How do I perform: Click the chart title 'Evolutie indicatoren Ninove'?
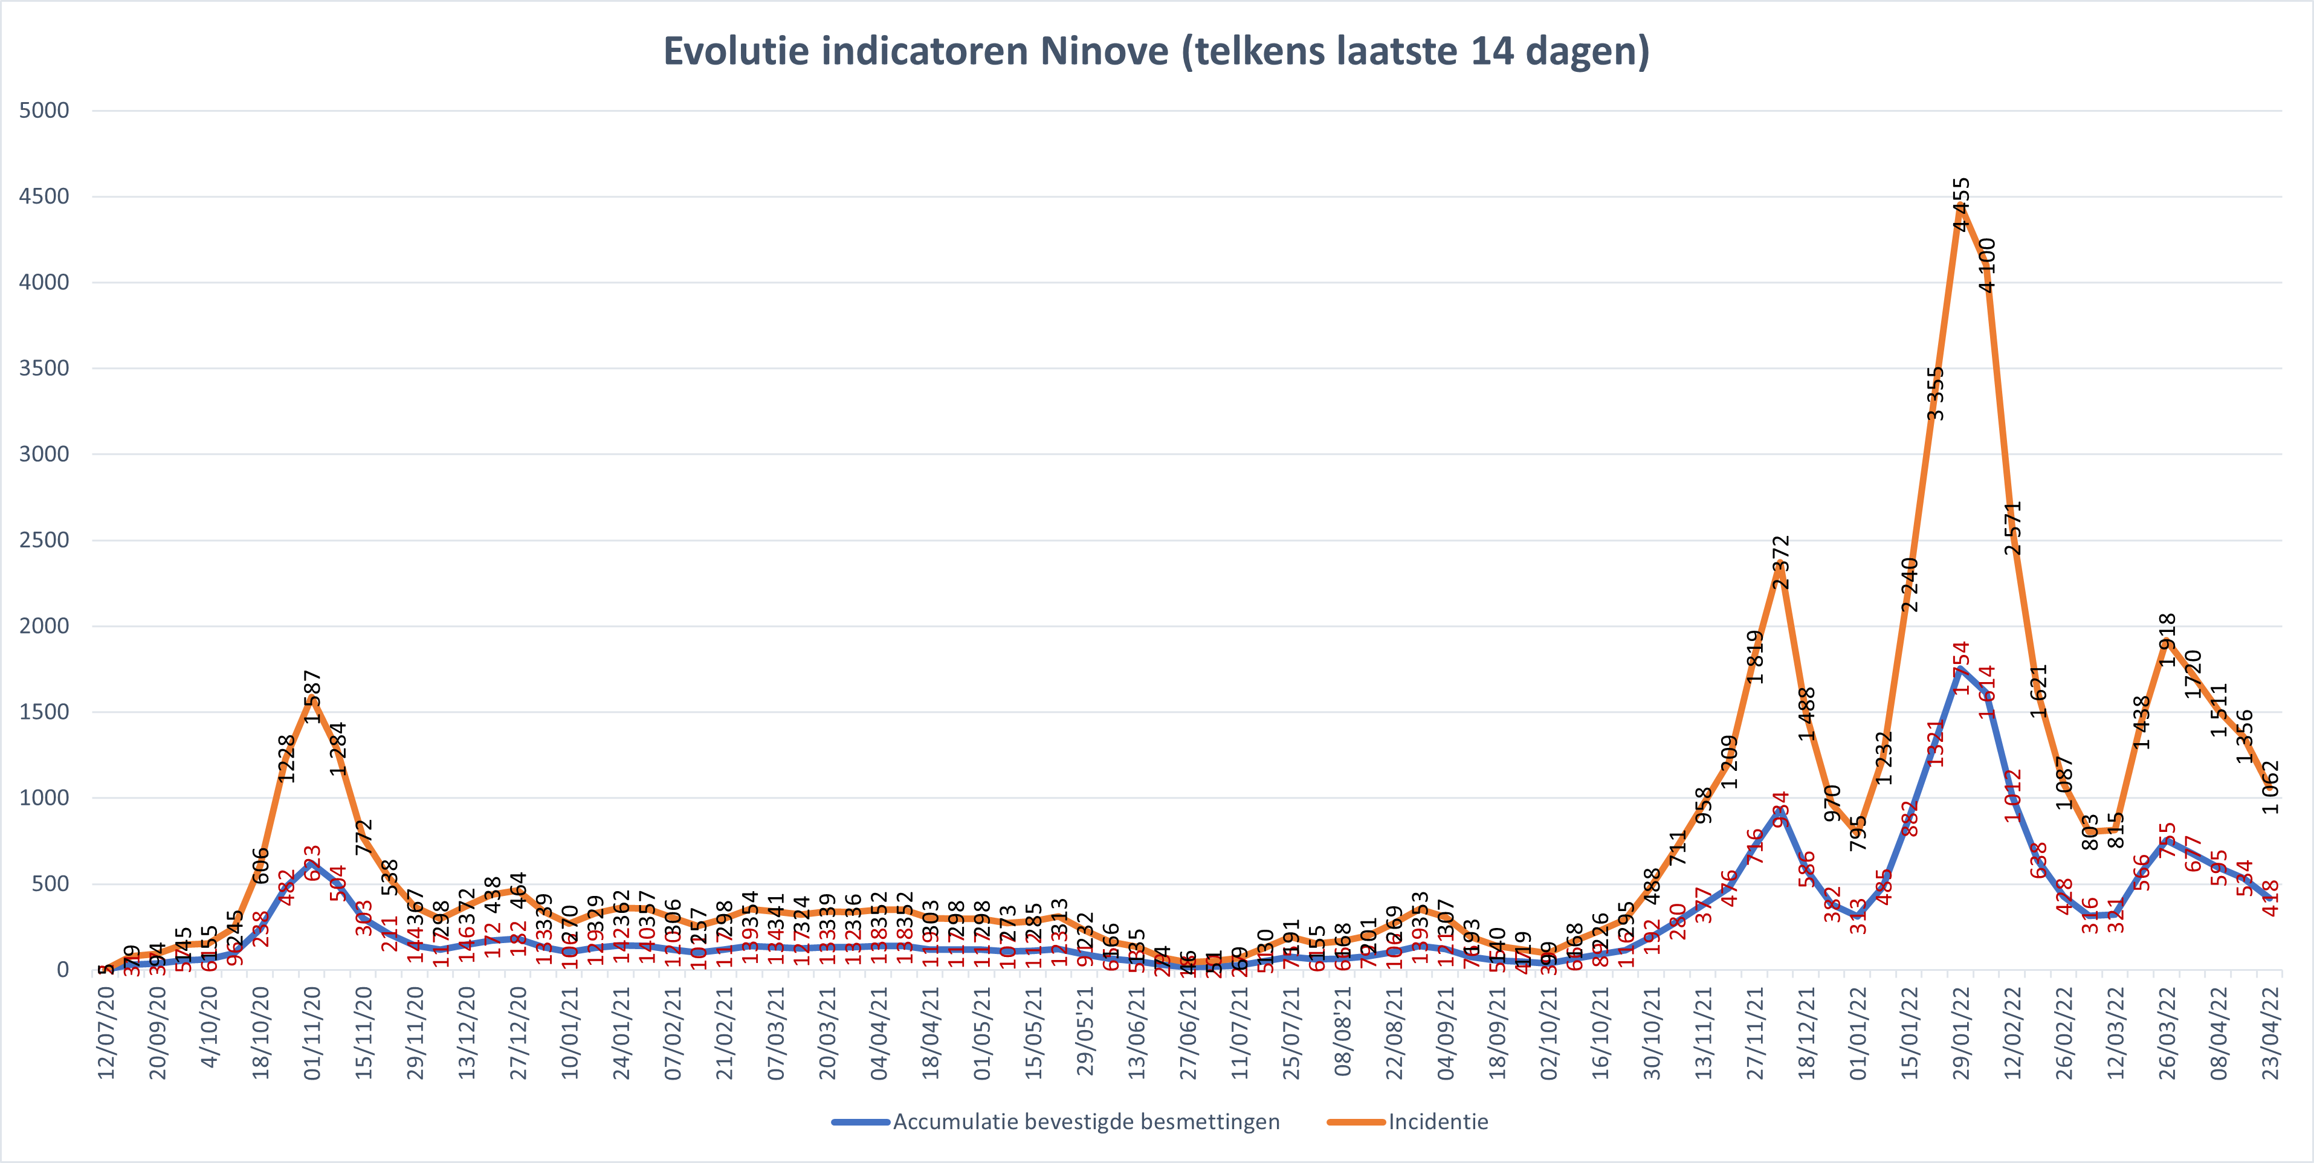click(1156, 51)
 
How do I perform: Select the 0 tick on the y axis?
click(62, 969)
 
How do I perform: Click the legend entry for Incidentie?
click(1437, 1122)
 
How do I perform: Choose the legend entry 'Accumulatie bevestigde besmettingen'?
click(1085, 1122)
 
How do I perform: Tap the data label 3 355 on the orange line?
click(1935, 393)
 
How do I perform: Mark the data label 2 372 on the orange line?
click(1780, 562)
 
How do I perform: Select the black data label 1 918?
click(2168, 639)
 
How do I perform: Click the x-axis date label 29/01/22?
click(1961, 1033)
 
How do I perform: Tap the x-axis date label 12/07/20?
click(106, 1033)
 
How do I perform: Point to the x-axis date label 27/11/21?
click(1754, 1033)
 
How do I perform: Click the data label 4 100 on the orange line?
click(1987, 265)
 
